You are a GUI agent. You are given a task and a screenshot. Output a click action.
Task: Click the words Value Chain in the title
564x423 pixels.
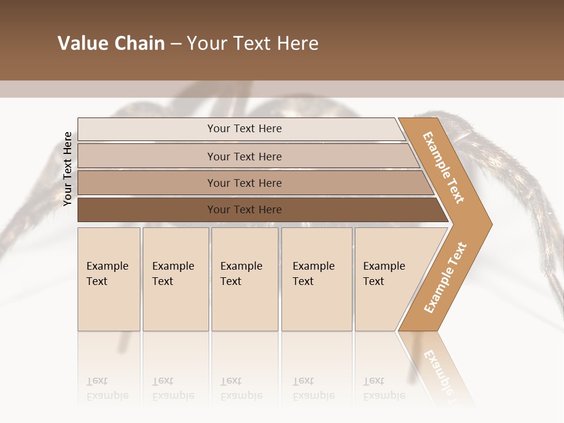click(111, 43)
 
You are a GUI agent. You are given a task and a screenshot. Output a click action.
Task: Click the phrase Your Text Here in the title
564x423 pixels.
click(253, 43)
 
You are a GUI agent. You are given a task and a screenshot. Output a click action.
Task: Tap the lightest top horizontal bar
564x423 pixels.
click(244, 129)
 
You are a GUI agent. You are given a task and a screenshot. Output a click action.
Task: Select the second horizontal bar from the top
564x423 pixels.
click(244, 156)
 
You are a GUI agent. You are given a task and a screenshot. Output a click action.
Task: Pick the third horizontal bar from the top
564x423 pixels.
click(244, 183)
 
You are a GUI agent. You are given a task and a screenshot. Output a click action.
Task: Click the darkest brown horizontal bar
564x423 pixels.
click(244, 210)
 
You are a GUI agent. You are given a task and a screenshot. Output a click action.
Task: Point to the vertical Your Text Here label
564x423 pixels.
click(68, 169)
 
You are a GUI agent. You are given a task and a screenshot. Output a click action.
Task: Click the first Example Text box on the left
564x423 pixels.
click(109, 279)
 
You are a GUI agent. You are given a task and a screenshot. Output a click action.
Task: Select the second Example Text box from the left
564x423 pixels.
click(175, 279)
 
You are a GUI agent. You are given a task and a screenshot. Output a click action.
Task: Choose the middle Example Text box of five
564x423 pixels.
click(244, 279)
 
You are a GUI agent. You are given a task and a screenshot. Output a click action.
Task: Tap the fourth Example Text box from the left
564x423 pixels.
click(317, 279)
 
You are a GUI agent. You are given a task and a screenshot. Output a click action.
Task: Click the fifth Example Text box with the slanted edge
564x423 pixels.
click(388, 279)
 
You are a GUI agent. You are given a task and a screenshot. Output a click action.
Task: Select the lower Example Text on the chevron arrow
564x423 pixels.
click(445, 277)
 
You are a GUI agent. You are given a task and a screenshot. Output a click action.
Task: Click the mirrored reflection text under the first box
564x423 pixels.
click(107, 388)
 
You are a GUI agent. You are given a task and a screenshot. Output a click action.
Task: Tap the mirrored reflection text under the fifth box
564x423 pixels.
click(384, 388)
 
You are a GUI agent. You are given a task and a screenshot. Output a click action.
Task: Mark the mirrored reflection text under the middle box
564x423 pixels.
click(241, 388)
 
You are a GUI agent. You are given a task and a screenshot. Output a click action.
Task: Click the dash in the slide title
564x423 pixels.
click(176, 44)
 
